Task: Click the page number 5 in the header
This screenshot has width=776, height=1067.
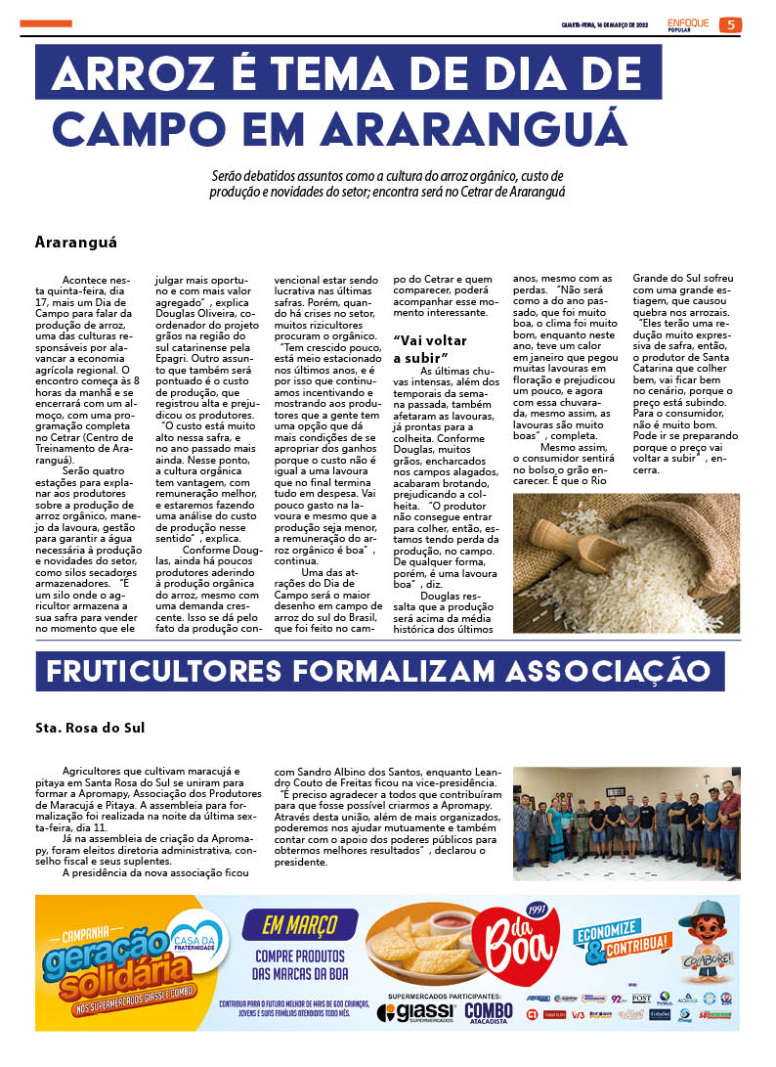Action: pos(730,24)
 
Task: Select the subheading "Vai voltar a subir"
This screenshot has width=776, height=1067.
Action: pos(430,348)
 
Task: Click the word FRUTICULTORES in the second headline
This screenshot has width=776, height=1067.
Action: pos(174,672)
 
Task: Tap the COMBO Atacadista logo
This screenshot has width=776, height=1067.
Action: pos(489,1012)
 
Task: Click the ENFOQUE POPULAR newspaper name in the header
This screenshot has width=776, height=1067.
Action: pos(689,23)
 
